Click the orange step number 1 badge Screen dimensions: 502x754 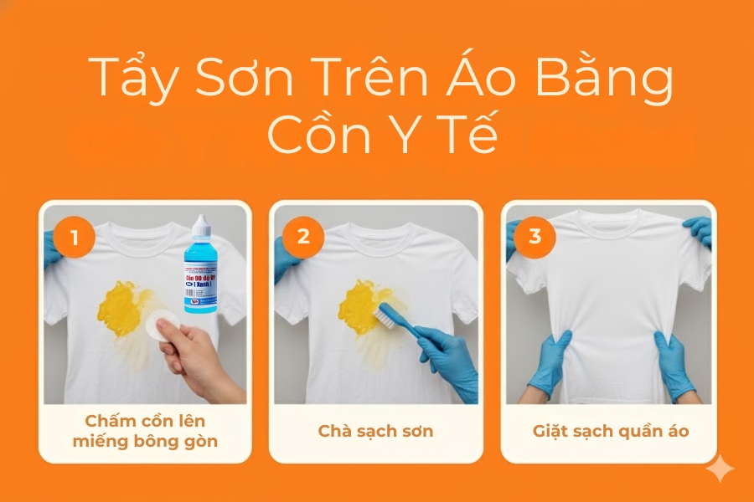point(75,237)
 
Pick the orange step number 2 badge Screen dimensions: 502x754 point(303,237)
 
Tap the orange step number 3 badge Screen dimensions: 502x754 point(535,237)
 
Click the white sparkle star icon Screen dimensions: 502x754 point(719,469)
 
